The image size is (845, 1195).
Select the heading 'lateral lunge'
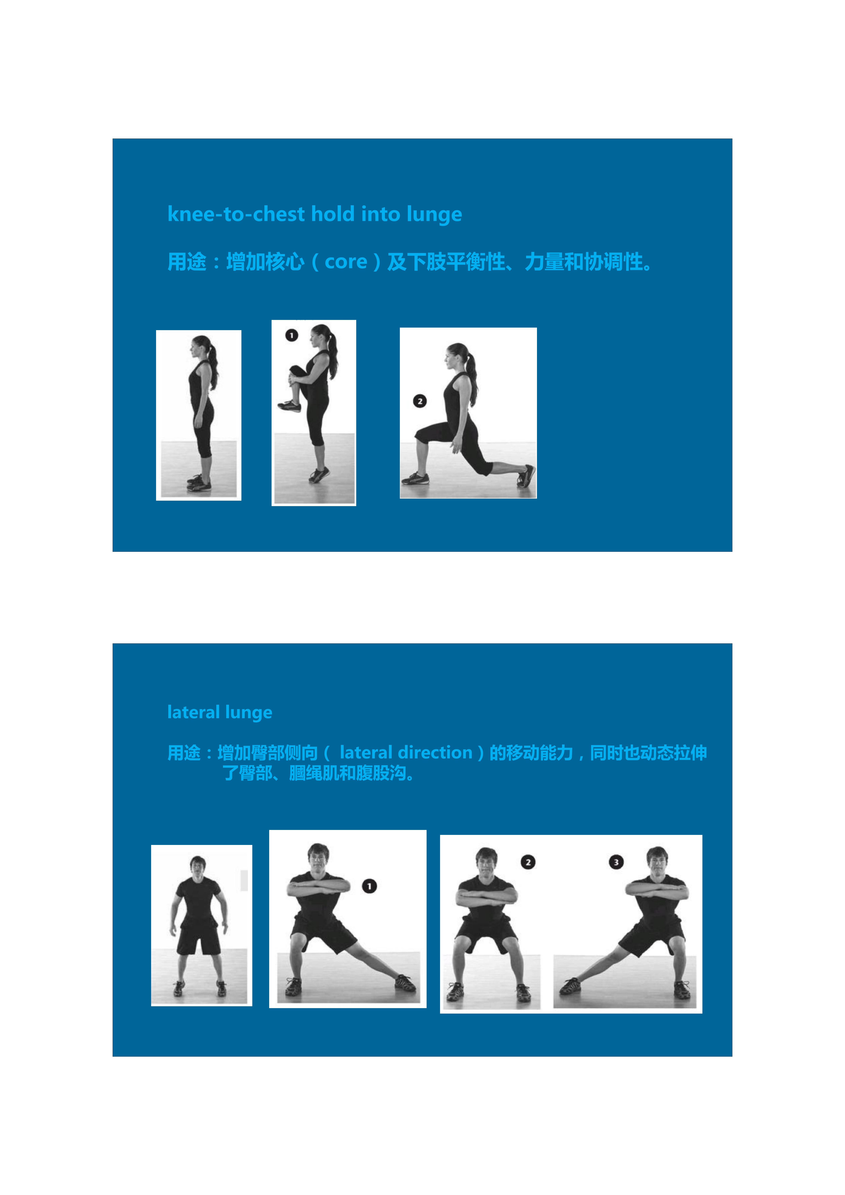[220, 712]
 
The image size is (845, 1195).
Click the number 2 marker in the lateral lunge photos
[528, 862]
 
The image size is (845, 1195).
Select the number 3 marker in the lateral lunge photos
[616, 862]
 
